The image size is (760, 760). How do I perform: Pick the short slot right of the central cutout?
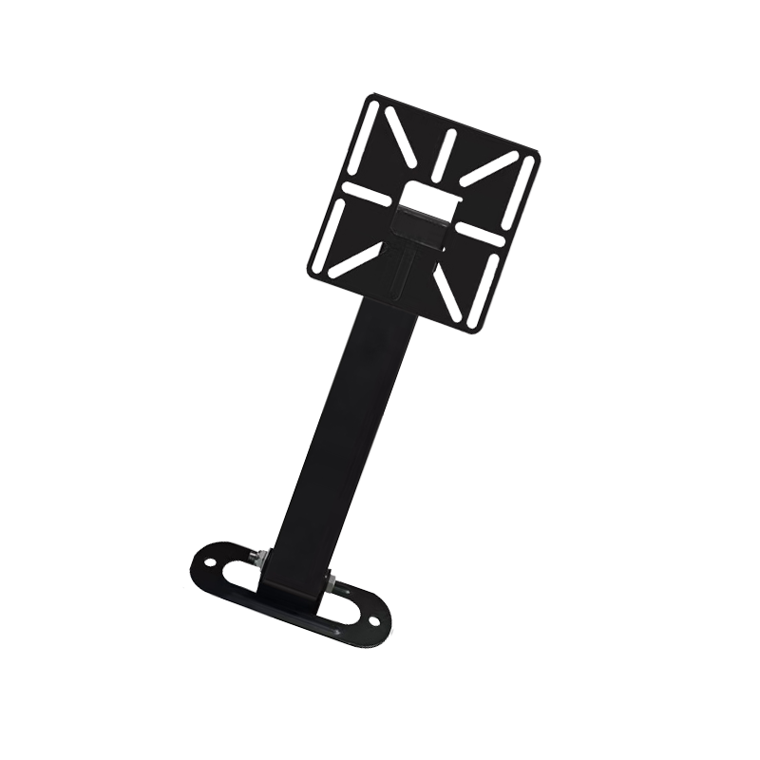[x=480, y=234]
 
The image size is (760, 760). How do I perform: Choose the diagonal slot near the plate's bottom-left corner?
[x=355, y=259]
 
